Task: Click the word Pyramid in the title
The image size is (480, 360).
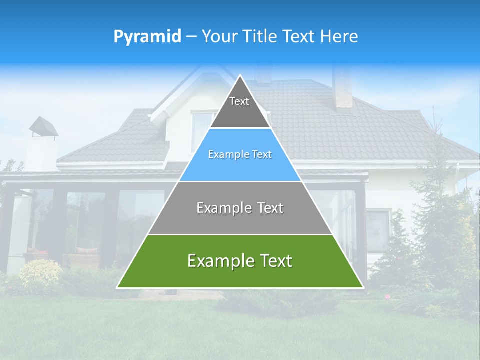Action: point(147,37)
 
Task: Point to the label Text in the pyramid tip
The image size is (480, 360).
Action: point(239,101)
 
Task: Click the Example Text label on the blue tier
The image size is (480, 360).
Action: point(240,154)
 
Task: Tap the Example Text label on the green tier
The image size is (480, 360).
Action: point(240,261)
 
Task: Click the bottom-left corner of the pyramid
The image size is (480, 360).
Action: point(117,287)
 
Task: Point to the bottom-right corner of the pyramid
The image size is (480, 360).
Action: point(363,287)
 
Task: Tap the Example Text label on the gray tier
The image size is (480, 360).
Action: point(240,208)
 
